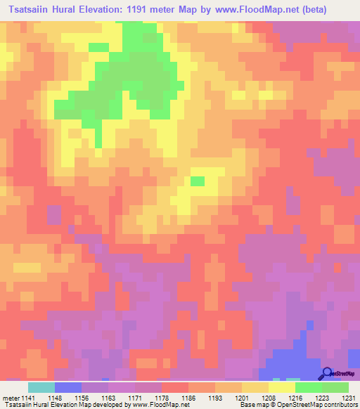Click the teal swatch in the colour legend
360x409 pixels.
41,387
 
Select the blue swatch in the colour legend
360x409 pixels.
68,387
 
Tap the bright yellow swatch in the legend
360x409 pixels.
282,387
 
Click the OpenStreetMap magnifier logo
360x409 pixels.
326,373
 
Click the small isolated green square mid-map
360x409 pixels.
198,181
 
